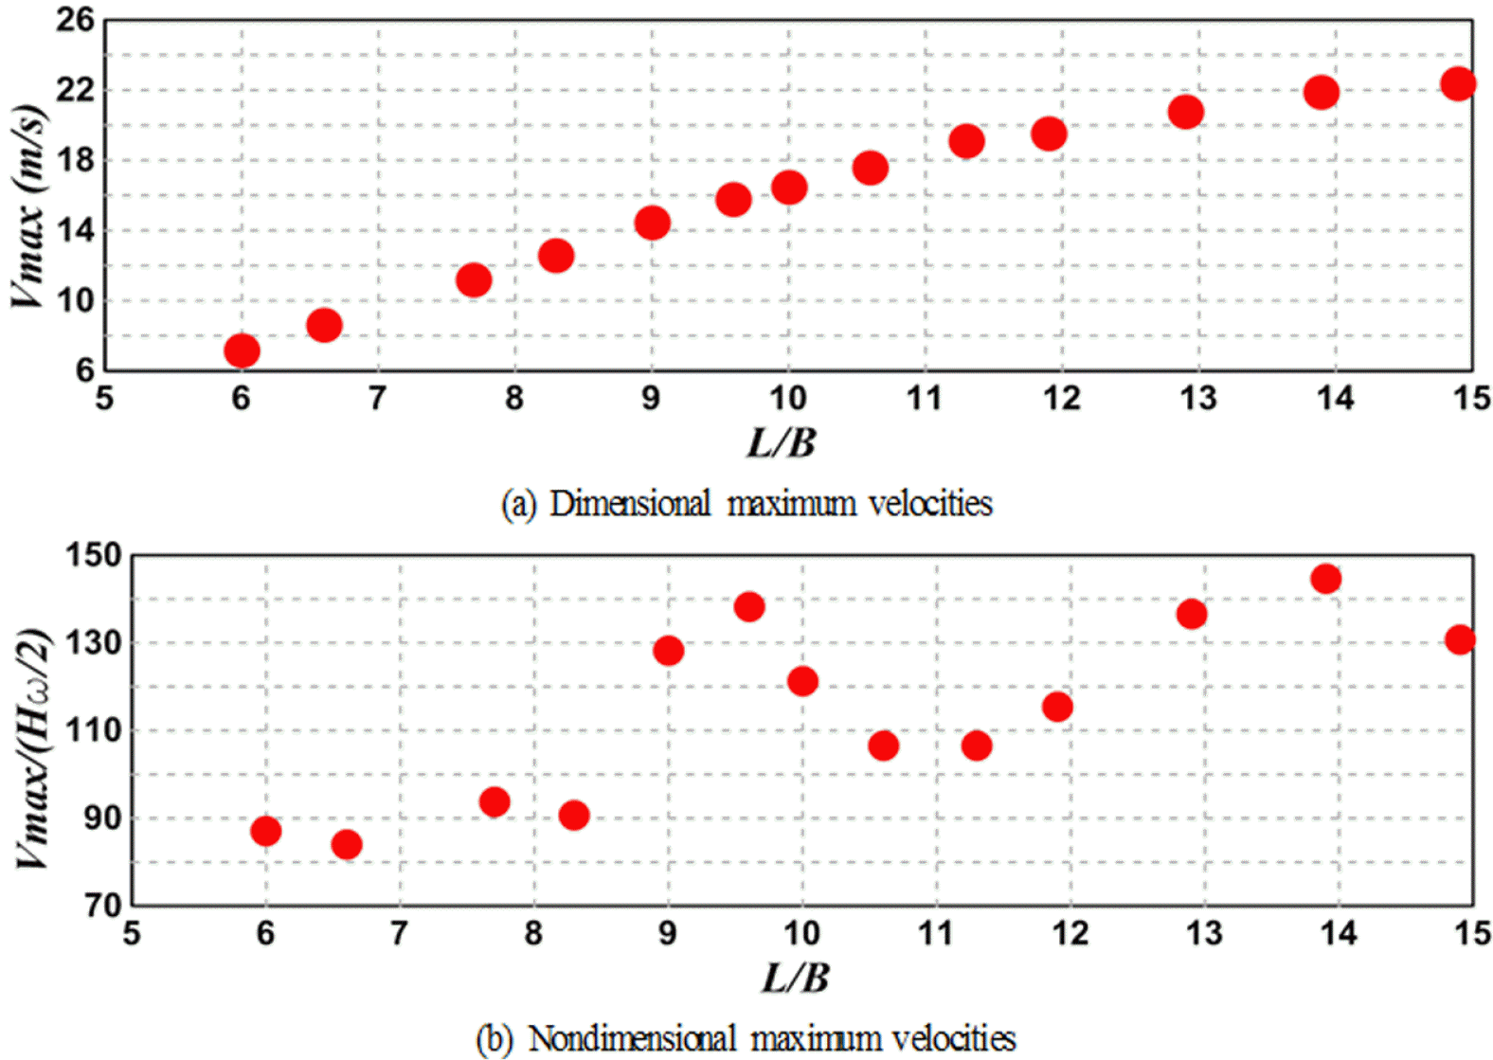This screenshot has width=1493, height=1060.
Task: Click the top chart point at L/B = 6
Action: point(242,350)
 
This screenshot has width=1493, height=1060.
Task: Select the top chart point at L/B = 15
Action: point(1458,83)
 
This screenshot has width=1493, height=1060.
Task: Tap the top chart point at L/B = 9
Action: point(652,223)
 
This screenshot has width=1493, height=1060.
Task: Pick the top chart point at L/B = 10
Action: point(789,187)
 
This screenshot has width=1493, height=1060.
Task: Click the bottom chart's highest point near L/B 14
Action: point(1325,578)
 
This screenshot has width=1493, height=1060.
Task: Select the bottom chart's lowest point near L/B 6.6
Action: point(347,843)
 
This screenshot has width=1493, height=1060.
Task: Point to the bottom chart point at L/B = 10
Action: point(802,680)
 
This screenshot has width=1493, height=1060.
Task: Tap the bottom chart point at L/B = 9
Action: point(668,650)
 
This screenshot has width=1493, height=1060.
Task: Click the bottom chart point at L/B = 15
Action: point(1460,639)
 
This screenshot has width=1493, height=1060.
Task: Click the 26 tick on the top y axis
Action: point(76,19)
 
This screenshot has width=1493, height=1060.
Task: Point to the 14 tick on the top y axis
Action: point(76,230)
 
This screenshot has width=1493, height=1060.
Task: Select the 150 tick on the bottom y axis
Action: point(93,555)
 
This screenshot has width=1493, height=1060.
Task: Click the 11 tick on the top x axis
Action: point(925,398)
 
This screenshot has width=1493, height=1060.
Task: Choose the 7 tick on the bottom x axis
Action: point(399,933)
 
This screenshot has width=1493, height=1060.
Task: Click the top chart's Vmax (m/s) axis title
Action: point(28,207)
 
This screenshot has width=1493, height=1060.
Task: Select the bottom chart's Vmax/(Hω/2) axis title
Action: point(32,748)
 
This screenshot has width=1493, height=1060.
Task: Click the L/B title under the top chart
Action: point(781,442)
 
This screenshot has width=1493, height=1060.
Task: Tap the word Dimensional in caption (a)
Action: point(630,503)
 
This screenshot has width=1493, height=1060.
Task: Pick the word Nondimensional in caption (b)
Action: point(632,1038)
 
